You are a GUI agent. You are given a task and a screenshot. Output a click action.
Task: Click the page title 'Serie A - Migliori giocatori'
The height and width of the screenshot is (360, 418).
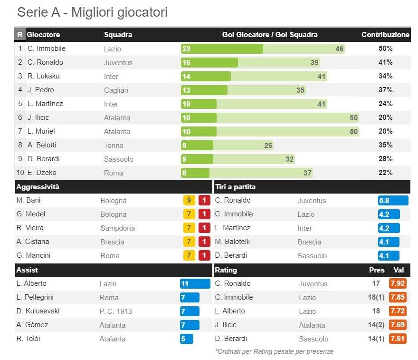click(92, 12)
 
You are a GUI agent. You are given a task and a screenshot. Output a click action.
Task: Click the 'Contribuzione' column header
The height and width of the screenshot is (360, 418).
click(385, 35)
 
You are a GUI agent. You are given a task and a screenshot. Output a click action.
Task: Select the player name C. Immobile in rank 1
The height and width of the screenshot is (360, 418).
click(46, 49)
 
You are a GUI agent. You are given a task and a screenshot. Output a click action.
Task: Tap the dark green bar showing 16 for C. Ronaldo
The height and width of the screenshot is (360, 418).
click(209, 63)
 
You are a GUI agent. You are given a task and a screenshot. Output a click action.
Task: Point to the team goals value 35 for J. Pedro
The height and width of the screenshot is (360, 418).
click(300, 90)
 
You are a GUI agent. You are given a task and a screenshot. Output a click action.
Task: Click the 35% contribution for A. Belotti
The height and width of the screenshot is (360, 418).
click(385, 145)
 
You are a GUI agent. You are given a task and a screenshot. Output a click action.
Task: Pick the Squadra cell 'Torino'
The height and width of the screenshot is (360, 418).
click(114, 146)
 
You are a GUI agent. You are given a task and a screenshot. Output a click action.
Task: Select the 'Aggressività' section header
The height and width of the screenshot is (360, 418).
click(38, 187)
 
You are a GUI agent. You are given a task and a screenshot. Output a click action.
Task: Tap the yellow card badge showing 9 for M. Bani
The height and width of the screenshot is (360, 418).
click(189, 201)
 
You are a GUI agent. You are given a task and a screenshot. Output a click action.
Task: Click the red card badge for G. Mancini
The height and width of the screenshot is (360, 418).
click(204, 256)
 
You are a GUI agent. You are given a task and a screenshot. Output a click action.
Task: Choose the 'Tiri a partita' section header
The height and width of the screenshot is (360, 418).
click(235, 187)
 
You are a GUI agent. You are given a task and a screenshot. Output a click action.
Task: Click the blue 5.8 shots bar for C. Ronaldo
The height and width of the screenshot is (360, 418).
click(393, 201)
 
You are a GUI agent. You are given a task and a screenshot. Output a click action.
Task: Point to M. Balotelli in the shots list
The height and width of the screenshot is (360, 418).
click(235, 242)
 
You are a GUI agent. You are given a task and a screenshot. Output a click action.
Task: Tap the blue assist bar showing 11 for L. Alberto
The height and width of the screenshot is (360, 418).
click(195, 284)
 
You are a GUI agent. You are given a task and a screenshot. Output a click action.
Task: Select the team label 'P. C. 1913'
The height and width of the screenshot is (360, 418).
click(115, 311)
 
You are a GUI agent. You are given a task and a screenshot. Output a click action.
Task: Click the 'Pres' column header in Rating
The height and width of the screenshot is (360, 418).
click(377, 270)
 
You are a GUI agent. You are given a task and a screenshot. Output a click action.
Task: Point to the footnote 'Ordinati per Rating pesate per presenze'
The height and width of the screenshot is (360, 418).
click(274, 352)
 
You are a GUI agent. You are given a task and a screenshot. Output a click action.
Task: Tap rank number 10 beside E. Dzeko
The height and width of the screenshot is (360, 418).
click(20, 173)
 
